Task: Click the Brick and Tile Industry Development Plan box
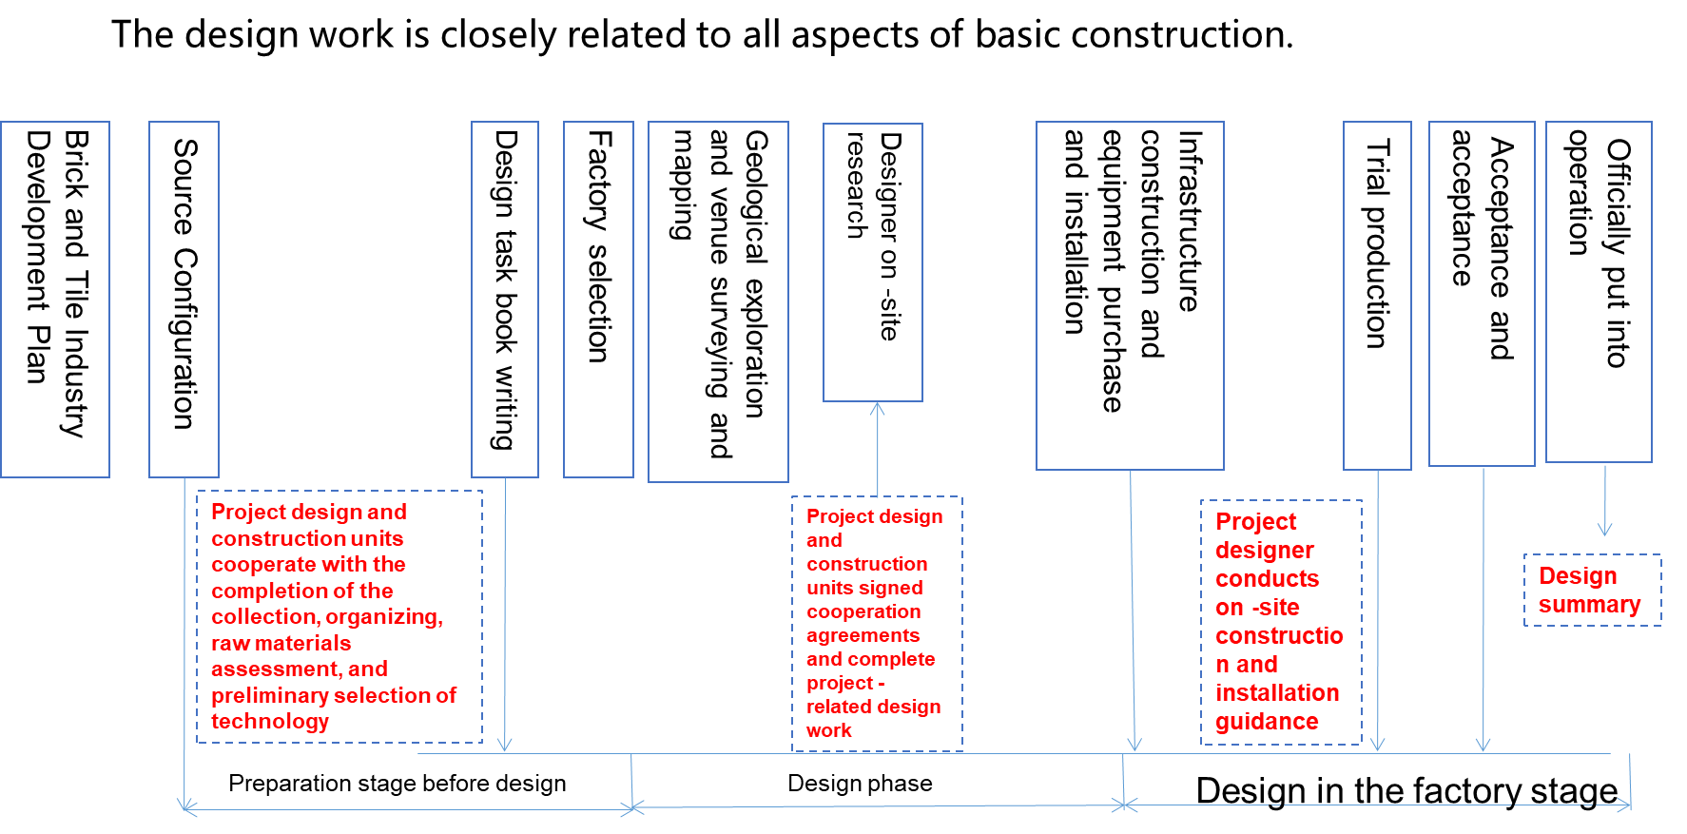[x=55, y=299]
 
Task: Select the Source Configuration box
[x=184, y=299]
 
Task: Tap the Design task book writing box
[x=505, y=299]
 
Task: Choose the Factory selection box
[x=598, y=299]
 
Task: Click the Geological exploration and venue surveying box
[x=718, y=301]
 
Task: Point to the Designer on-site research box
[x=873, y=262]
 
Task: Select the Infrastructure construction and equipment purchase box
[x=1130, y=295]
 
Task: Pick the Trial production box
[x=1377, y=295]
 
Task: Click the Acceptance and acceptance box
[x=1482, y=293]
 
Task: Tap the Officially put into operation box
[x=1599, y=291]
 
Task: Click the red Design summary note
[x=1591, y=591]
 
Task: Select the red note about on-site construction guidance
[x=1280, y=622]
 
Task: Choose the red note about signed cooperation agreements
[x=876, y=624]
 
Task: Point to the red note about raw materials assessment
[x=339, y=616]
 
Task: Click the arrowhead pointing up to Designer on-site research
[x=878, y=409]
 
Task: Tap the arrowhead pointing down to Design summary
[x=1605, y=529]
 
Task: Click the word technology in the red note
[x=270, y=722]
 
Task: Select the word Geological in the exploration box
[x=756, y=197]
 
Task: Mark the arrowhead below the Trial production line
[x=1377, y=744]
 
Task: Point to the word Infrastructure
[x=1190, y=221]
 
